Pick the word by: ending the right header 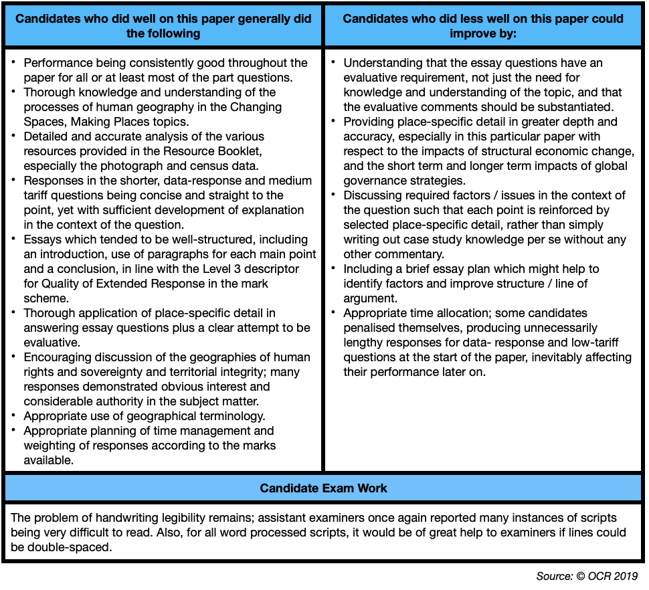pyautogui.click(x=506, y=33)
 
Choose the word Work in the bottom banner pyautogui.click(x=372, y=488)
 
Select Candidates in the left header pyautogui.click(x=48, y=19)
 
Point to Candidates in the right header pyautogui.click(x=375, y=19)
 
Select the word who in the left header pyautogui.click(x=96, y=19)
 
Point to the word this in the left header pyautogui.click(x=187, y=19)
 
